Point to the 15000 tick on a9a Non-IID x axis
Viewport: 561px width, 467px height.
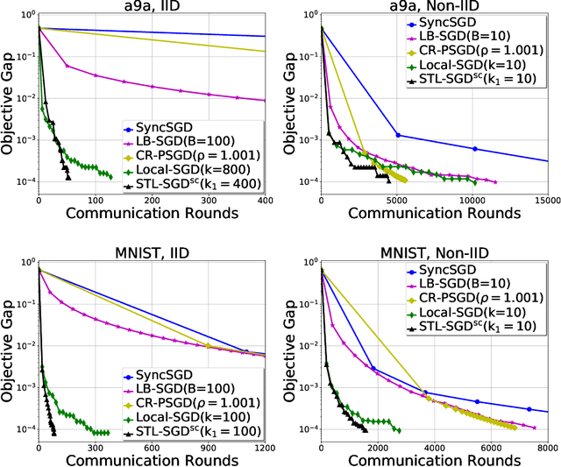[x=545, y=201]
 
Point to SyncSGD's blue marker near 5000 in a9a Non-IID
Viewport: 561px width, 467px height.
[x=398, y=135]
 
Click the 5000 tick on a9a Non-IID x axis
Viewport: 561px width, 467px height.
[x=397, y=201]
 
